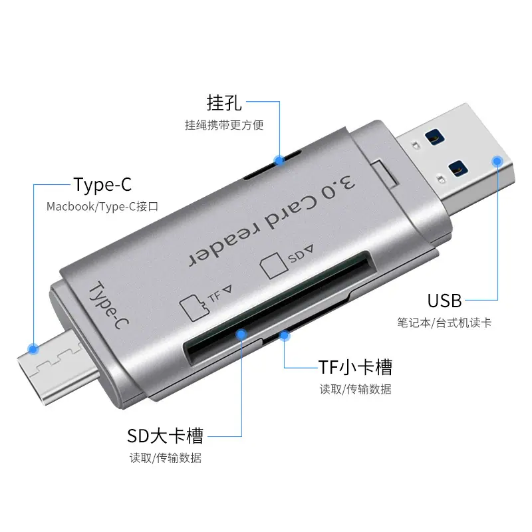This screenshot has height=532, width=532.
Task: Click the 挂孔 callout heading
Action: point(224,102)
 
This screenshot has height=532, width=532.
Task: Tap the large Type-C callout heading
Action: point(102,185)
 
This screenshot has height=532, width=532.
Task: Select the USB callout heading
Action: point(444,301)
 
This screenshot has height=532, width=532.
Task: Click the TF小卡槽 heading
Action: point(355,367)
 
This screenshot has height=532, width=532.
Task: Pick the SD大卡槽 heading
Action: point(165,436)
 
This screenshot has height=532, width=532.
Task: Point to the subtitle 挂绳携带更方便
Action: point(224,125)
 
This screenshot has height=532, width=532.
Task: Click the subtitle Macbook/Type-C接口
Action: point(102,207)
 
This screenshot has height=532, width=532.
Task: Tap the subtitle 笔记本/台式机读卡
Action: point(444,323)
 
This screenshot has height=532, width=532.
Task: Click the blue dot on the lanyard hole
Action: point(279,160)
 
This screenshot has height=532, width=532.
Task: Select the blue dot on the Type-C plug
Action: point(33,348)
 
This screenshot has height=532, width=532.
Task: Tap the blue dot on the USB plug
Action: point(497,161)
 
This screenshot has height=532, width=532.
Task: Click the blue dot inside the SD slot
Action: point(241,335)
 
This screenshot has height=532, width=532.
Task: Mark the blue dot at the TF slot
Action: point(285,336)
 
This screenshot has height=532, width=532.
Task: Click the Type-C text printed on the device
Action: point(108,305)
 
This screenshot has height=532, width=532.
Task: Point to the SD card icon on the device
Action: point(274,265)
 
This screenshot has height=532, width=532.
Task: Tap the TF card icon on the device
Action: point(194,307)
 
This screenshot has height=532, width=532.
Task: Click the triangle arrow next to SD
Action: point(308,249)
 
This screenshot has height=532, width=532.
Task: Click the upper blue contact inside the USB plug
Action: point(435,137)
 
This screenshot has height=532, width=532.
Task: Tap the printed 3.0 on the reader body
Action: point(338,186)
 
